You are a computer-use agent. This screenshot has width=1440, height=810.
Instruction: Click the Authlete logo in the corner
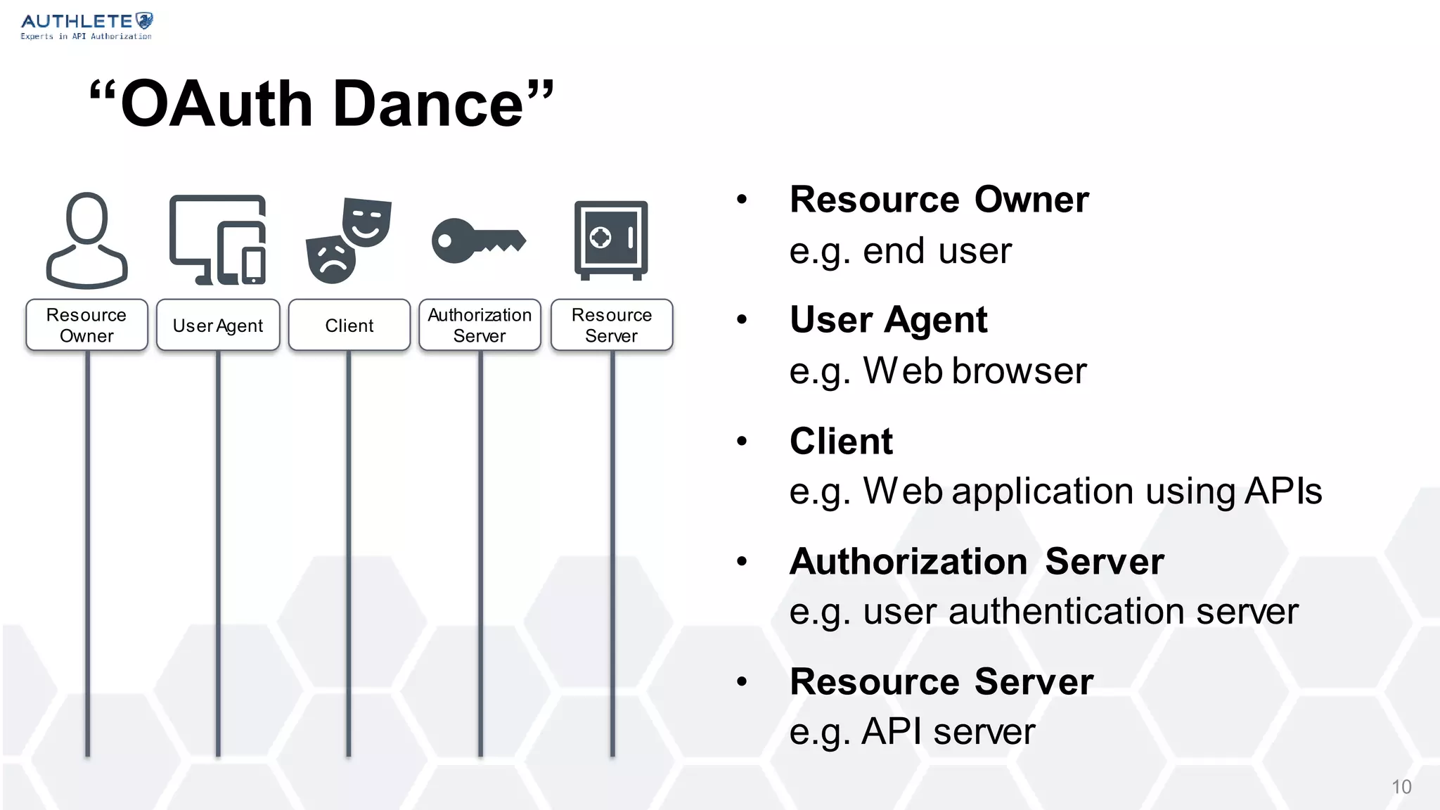86,26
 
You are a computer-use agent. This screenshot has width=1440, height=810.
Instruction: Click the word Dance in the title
427,104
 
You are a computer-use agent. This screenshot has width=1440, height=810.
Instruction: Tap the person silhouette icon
86,240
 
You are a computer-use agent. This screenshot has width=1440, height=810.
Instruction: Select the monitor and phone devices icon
218,240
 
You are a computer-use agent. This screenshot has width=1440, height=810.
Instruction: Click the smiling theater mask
367,221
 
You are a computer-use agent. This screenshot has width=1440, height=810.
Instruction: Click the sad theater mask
330,259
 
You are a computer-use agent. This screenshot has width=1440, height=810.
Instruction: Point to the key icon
478,240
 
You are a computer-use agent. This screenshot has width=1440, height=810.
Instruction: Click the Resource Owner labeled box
86,325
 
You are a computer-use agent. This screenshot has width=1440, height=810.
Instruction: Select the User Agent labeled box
218,325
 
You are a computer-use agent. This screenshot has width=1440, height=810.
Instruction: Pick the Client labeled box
349,325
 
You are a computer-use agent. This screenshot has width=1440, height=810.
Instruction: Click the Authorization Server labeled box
480,325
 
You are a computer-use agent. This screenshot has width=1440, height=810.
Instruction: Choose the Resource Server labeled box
612,325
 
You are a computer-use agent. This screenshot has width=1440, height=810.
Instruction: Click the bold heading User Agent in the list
888,320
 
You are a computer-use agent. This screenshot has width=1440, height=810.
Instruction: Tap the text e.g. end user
900,251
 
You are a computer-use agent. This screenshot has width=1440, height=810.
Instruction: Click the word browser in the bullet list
1019,371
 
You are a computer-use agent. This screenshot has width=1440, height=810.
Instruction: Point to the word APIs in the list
1283,491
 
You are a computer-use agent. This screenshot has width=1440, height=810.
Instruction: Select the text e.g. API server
912,731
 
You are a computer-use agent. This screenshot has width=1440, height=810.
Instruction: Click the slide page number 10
1401,787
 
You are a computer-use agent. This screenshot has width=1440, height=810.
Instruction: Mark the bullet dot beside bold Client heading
742,442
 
